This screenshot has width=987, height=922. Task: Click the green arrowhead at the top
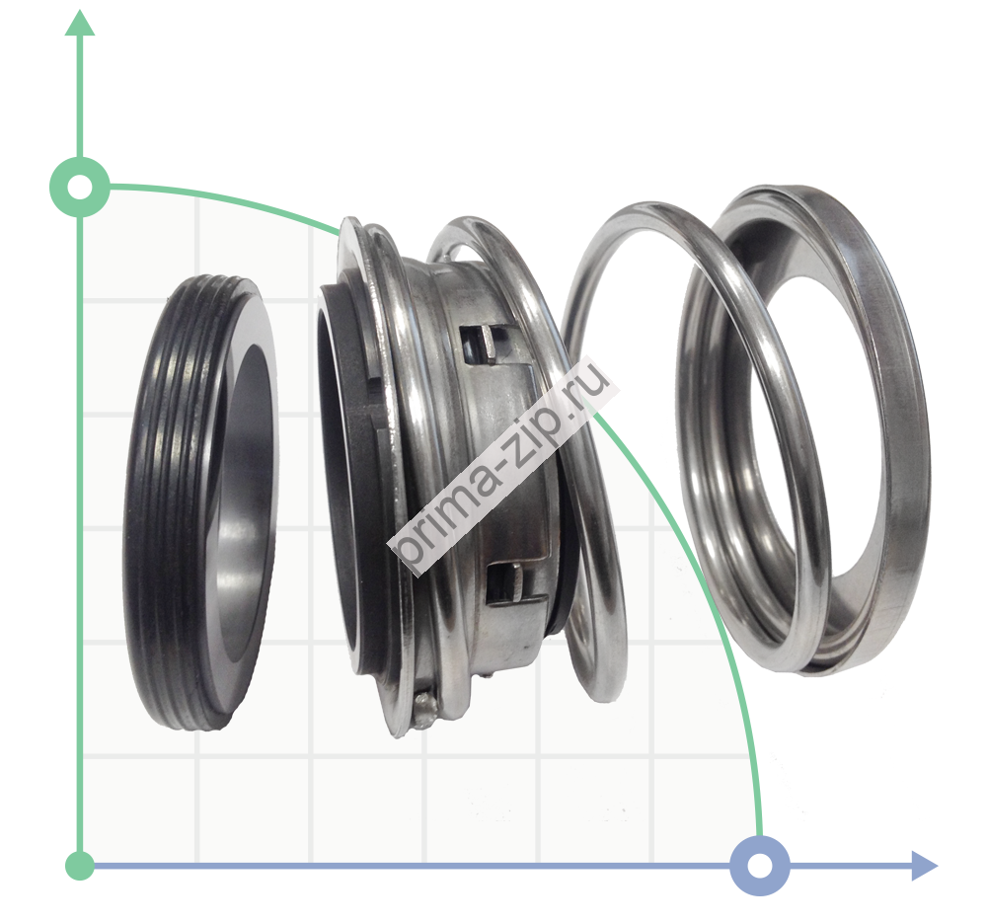coord(80,24)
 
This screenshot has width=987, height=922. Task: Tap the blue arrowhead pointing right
coord(924,866)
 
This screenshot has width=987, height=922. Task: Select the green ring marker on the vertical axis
coord(80,187)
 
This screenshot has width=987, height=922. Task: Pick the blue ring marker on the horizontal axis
coord(760,866)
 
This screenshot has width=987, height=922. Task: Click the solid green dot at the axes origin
coord(80,866)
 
